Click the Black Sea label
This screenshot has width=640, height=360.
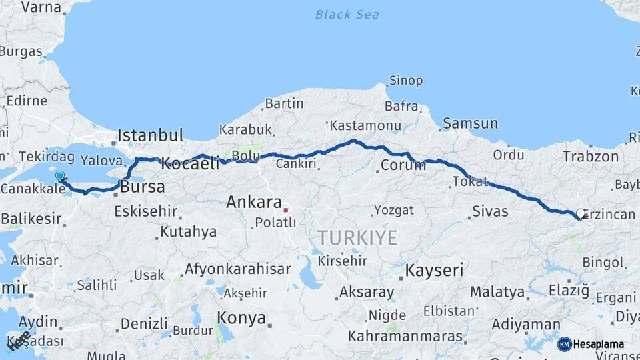[347, 14]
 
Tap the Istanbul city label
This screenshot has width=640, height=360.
[150, 136]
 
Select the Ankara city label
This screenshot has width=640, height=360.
[253, 201]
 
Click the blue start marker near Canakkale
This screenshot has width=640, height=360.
[60, 176]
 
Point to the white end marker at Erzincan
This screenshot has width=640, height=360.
[580, 214]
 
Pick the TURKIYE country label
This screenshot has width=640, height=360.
[357, 237]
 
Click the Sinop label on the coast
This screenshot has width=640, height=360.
[405, 81]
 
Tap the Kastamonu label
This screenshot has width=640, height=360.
[365, 125]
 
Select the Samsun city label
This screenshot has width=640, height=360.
[470, 123]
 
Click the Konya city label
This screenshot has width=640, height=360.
[241, 318]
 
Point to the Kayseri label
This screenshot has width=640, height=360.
[434, 270]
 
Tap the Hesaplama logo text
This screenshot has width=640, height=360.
[599, 345]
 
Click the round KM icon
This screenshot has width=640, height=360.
[565, 345]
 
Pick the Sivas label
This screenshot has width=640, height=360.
[490, 211]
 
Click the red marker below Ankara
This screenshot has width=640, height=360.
[286, 211]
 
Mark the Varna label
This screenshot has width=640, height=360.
[41, 7]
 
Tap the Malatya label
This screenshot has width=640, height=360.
[497, 292]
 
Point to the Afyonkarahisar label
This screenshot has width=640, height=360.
[237, 269]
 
